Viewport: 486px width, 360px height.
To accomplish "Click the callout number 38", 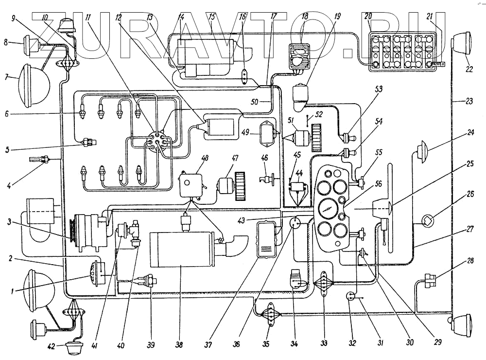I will (x=179, y=345).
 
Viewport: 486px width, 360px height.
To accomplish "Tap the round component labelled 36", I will (x=295, y=223).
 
